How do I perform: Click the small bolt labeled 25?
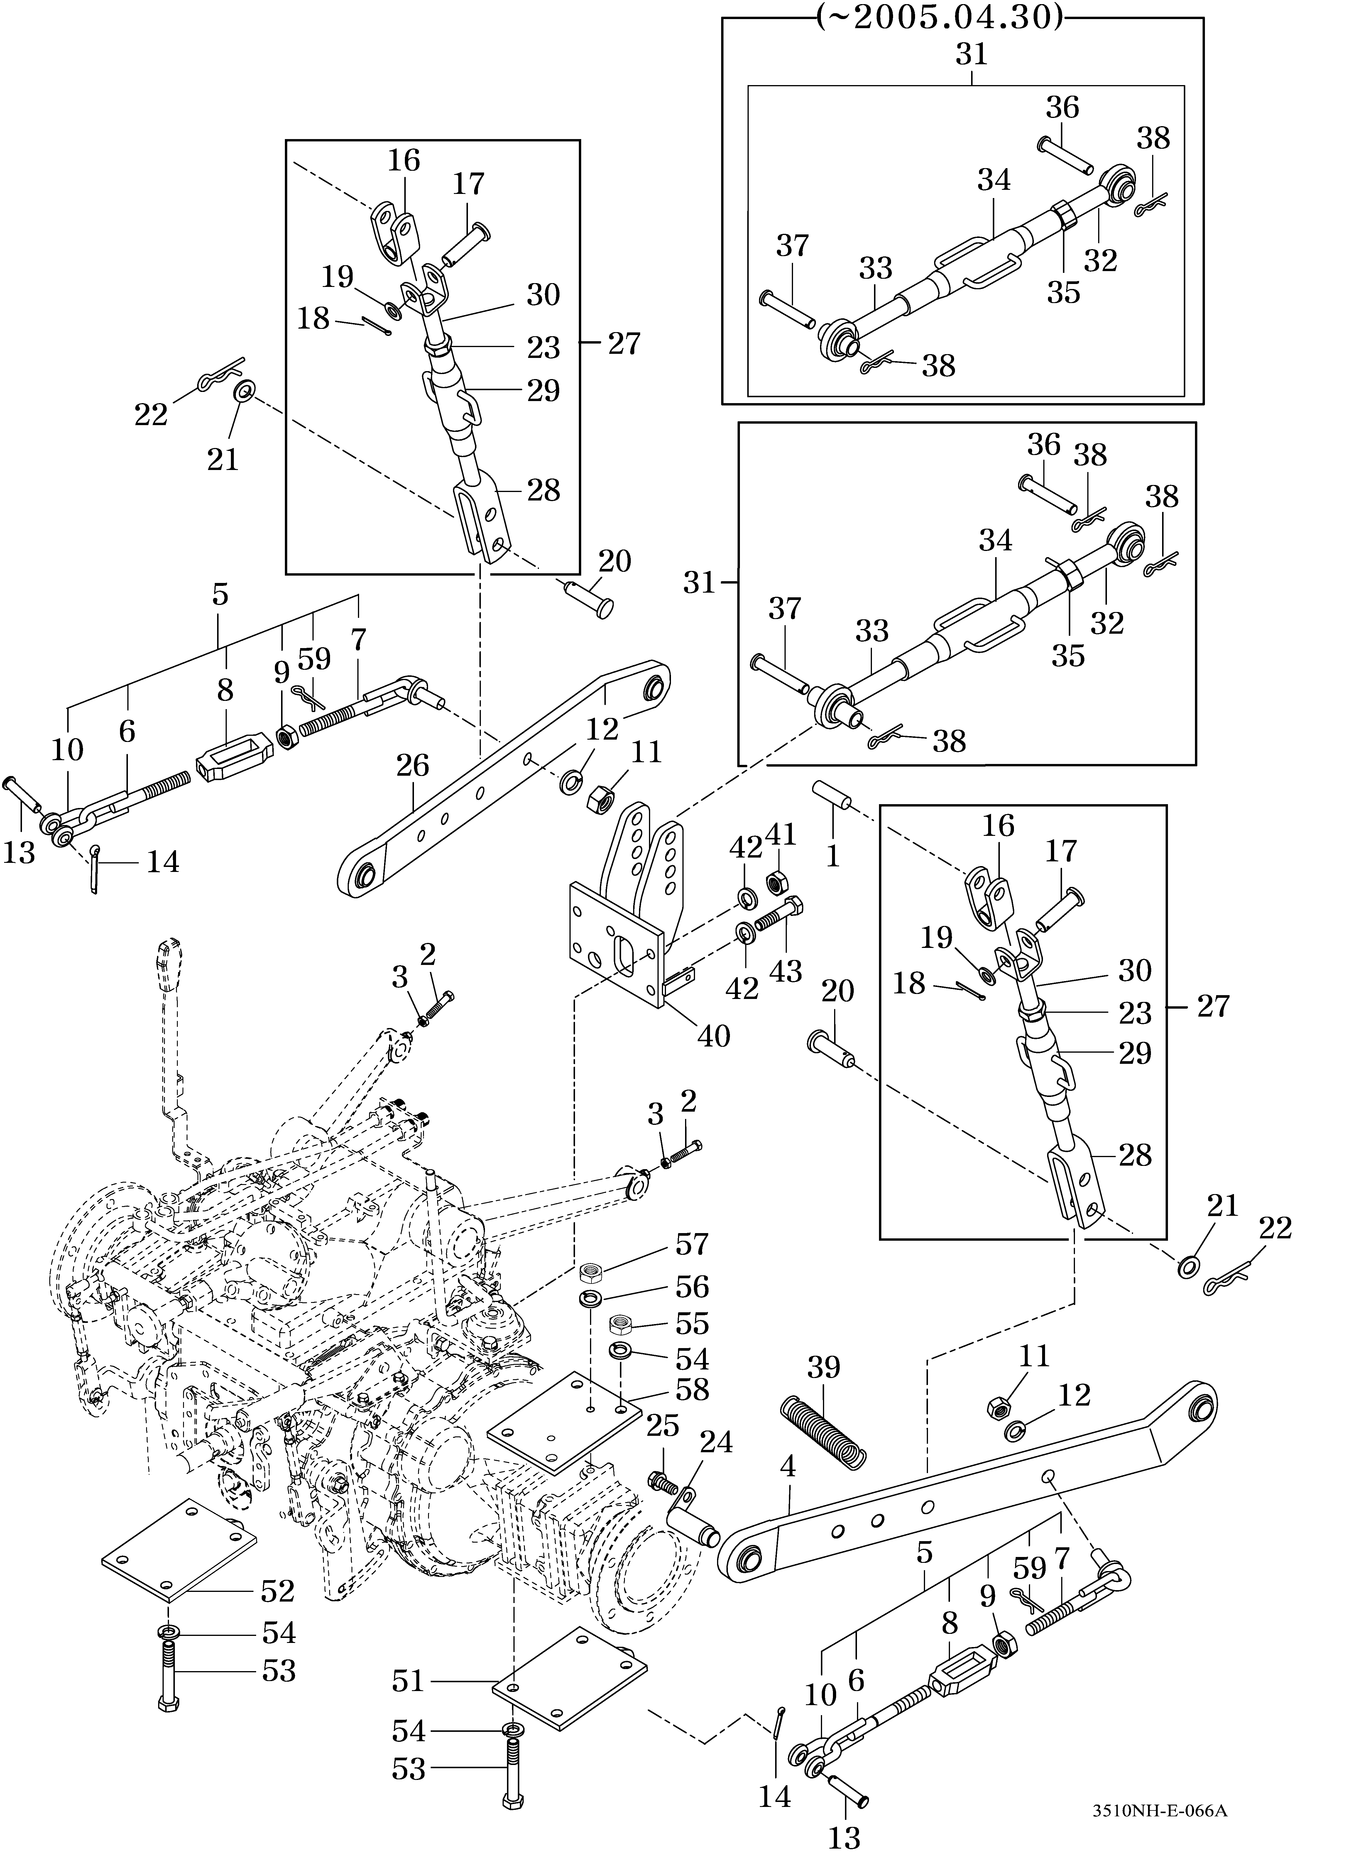click(x=662, y=1482)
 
